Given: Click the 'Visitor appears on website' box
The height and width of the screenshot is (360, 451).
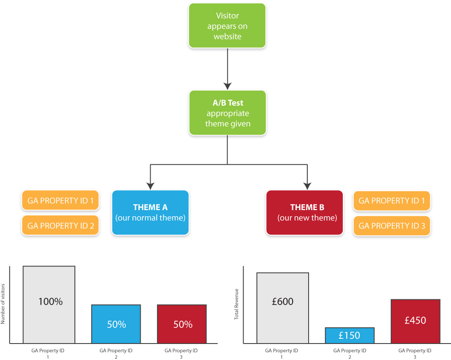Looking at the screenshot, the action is (x=227, y=26).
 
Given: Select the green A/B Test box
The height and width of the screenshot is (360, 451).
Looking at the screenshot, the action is (x=228, y=113).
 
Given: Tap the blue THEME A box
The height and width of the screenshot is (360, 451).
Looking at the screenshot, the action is (x=151, y=213).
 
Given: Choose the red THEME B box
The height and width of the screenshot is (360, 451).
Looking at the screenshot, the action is (x=305, y=213).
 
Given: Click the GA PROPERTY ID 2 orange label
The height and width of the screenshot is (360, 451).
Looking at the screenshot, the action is (x=61, y=226).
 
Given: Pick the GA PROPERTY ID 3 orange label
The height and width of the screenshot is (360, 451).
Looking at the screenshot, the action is (x=392, y=226).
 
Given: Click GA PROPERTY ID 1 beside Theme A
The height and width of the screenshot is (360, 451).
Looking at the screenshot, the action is (x=61, y=201).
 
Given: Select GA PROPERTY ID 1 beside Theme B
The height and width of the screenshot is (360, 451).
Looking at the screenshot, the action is (x=392, y=201).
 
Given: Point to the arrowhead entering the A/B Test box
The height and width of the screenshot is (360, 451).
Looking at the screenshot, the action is (x=228, y=86).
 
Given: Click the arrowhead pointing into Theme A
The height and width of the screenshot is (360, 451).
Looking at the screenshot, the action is (x=151, y=186).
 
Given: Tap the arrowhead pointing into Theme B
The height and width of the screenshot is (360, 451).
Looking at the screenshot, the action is (x=307, y=186).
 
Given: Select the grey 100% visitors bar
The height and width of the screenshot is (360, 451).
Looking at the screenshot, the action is (x=49, y=305).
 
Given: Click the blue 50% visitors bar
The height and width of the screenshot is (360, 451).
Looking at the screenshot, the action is (x=116, y=324).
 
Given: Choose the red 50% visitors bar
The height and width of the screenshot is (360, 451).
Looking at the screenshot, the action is (x=182, y=324).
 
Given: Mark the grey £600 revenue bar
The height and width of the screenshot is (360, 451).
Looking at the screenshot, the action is (x=283, y=308).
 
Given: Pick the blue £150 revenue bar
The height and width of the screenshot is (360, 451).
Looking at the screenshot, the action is (x=350, y=335).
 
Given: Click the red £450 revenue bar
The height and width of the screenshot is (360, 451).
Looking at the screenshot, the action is (x=416, y=321).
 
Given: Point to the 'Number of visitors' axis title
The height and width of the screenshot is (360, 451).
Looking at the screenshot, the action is (x=3, y=304).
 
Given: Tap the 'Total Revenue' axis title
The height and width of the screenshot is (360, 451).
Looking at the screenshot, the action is (x=236, y=304).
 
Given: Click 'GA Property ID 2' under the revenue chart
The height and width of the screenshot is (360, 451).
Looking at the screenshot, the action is (x=350, y=354).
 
